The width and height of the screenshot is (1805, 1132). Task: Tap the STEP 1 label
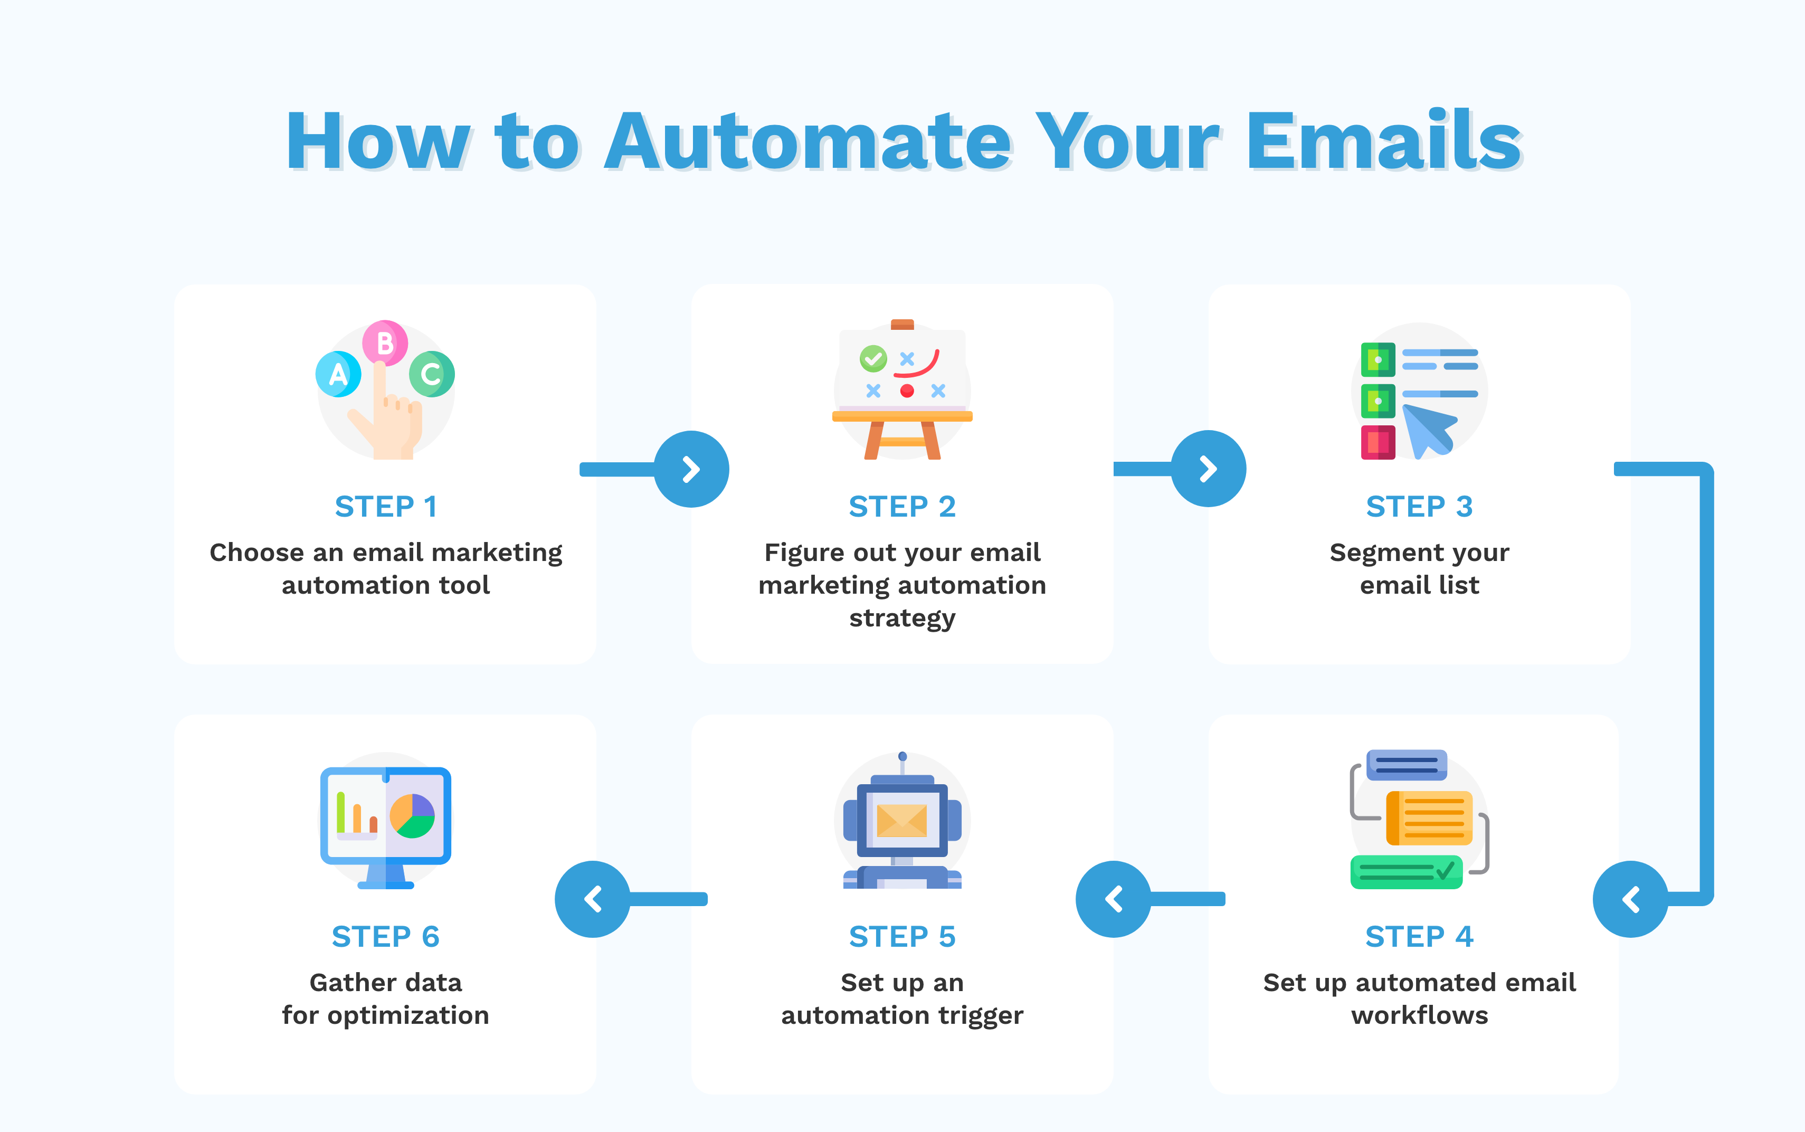pyautogui.click(x=386, y=507)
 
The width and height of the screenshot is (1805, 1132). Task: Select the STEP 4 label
pyautogui.click(x=1419, y=937)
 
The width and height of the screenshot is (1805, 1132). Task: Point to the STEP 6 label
pyautogui.click(x=386, y=937)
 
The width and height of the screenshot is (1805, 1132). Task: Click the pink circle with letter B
pyautogui.click(x=385, y=343)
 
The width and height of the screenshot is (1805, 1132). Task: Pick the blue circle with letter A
pyautogui.click(x=338, y=374)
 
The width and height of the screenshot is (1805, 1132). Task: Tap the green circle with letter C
pyautogui.click(x=431, y=374)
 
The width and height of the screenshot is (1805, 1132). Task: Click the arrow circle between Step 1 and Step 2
pyautogui.click(x=691, y=469)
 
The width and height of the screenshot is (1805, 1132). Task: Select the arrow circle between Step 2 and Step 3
pyautogui.click(x=1208, y=469)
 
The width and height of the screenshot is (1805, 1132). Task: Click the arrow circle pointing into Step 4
pyautogui.click(x=1630, y=899)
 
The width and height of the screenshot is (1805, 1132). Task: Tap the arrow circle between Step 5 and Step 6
pyautogui.click(x=592, y=899)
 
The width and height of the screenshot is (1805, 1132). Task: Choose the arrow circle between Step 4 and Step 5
pyautogui.click(x=1113, y=899)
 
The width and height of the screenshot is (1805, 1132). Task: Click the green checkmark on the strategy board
pyautogui.click(x=873, y=359)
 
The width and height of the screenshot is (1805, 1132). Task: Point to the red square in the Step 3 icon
pyautogui.click(x=1377, y=442)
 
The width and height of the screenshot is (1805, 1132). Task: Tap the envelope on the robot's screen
pyautogui.click(x=902, y=821)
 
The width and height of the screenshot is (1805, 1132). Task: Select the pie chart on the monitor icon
pyautogui.click(x=413, y=816)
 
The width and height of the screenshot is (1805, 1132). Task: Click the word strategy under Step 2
pyautogui.click(x=902, y=619)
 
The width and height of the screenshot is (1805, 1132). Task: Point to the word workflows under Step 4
pyautogui.click(x=1419, y=1015)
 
